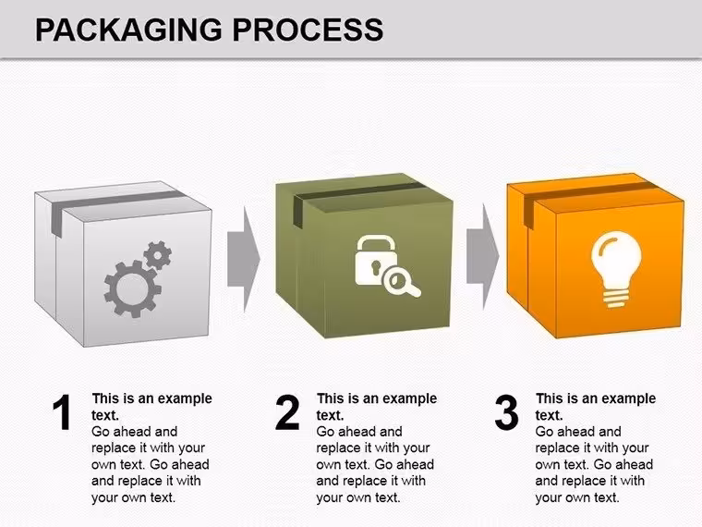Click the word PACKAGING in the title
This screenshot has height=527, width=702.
point(128,30)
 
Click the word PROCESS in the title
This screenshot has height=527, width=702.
point(308,30)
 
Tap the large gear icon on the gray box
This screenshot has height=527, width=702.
point(132,289)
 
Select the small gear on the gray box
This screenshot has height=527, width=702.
point(157,255)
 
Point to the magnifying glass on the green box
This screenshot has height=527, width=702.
point(402,285)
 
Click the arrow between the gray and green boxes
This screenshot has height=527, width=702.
point(244,259)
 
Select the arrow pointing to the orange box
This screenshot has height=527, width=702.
point(482,256)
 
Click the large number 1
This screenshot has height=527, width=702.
point(62,412)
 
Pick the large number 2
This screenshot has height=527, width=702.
point(287,412)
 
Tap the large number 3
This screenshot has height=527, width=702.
point(506,412)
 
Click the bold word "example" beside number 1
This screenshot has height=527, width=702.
point(185,398)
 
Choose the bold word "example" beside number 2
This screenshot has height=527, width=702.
point(409,398)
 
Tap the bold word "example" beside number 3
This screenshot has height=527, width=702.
point(629,398)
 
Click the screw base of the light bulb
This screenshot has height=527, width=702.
point(616,298)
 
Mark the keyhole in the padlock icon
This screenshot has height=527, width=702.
point(375,267)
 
